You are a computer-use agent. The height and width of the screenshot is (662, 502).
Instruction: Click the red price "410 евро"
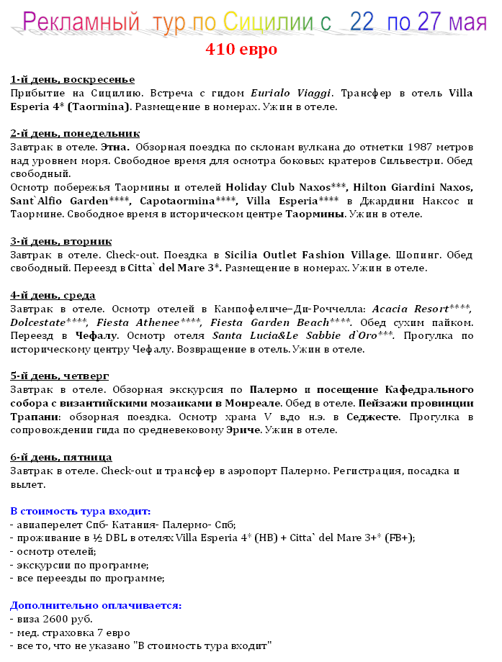tap(241, 50)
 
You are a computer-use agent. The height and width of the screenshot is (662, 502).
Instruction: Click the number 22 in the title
tap(362, 22)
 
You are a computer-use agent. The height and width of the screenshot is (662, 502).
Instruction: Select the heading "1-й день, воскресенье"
tap(73, 79)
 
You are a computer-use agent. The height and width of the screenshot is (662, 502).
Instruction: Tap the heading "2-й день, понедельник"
tap(75, 134)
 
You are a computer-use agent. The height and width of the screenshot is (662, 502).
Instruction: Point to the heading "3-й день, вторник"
tap(61, 241)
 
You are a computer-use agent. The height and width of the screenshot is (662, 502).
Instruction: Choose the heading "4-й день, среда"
tap(53, 295)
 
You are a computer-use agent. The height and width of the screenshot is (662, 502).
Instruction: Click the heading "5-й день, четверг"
tap(60, 376)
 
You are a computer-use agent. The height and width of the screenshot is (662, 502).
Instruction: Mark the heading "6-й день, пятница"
tap(61, 457)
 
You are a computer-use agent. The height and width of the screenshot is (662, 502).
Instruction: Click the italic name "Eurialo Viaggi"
tap(291, 93)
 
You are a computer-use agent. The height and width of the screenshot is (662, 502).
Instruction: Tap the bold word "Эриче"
tap(243, 430)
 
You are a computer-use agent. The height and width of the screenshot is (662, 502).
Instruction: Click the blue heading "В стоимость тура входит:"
tap(81, 511)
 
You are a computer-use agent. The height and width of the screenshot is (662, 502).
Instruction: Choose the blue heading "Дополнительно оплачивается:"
tap(96, 606)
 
